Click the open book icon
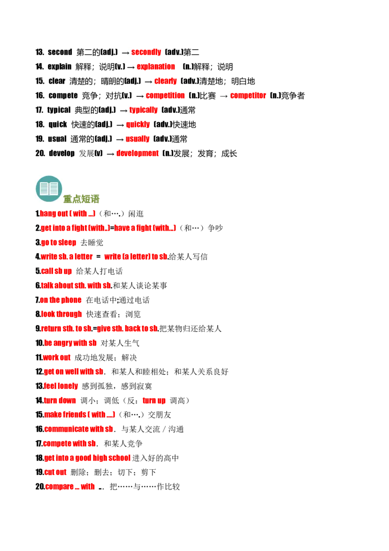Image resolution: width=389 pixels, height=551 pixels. point(49,187)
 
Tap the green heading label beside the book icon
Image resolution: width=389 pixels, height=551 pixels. point(82,199)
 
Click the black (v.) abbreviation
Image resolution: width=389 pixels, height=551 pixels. point(120,66)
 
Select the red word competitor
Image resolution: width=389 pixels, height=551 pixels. point(249,95)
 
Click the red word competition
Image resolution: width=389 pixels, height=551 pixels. point(165,95)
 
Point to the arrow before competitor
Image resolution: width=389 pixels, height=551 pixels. point(224,96)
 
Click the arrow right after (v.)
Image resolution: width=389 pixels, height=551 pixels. point(131,67)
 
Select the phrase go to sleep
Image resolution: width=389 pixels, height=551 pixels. point(58,242)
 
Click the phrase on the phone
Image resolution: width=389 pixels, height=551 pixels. point(62,300)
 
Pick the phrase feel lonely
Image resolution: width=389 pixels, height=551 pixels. point(61,386)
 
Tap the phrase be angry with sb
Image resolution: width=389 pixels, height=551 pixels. point(70,343)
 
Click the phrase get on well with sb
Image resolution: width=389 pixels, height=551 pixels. point(73,371)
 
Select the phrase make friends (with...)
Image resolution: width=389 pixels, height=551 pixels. point(79,414)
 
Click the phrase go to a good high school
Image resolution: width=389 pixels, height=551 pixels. point(87,458)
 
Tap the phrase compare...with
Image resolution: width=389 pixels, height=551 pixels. point(70,486)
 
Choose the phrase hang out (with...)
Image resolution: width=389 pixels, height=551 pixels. point(68,213)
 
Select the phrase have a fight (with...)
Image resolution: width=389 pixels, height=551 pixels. point(145,227)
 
